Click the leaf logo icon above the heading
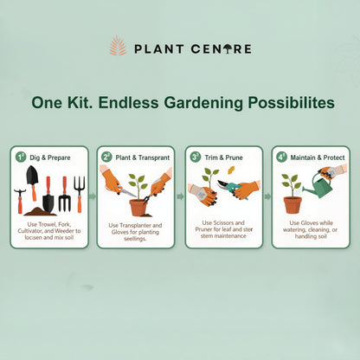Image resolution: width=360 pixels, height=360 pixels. pyautogui.click(x=118, y=45)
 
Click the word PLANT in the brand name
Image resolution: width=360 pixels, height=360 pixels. pyautogui.click(x=158, y=48)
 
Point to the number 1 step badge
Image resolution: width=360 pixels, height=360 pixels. pyautogui.click(x=21, y=157)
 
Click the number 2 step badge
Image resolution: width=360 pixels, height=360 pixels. pyautogui.click(x=107, y=157)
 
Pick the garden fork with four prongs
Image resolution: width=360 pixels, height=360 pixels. pyautogui.click(x=79, y=191)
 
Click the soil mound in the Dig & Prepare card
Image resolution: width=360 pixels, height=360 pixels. pyautogui.click(x=41, y=210)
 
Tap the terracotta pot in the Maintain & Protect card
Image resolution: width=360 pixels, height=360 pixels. pyautogui.click(x=292, y=204)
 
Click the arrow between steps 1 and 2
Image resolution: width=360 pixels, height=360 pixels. pyautogui.click(x=93, y=196)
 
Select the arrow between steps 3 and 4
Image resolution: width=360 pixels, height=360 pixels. pyautogui.click(x=267, y=196)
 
